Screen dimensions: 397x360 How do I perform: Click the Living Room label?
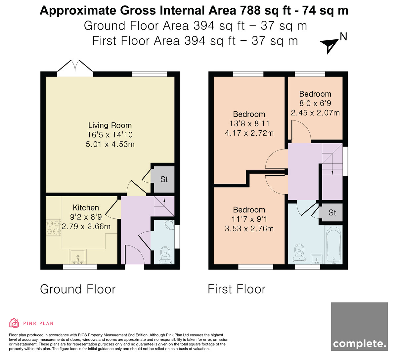(110, 125)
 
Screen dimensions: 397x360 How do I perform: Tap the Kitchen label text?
(86, 207)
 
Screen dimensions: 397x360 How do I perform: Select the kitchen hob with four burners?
(53, 227)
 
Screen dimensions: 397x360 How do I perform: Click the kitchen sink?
(78, 257)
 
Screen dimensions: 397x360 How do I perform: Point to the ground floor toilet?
(165, 255)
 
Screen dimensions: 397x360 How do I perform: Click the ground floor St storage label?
(164, 179)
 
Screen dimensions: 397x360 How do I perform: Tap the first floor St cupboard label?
(332, 213)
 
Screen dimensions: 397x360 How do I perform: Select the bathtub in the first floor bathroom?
(333, 245)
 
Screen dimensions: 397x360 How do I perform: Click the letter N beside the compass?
(343, 37)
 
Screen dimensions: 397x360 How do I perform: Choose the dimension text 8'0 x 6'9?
(315, 103)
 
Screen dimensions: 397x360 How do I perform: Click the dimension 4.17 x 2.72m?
(249, 133)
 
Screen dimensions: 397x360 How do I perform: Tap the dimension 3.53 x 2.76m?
(249, 229)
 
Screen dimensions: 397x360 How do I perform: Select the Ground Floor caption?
(78, 289)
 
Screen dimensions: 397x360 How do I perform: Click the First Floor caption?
(237, 289)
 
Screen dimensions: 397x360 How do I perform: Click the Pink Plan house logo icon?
(14, 323)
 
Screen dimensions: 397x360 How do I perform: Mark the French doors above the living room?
(75, 68)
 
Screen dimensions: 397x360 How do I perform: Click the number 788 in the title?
(250, 10)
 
